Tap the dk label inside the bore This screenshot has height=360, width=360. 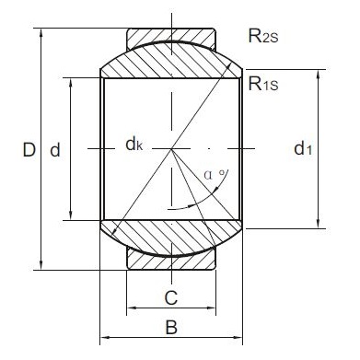[134, 145]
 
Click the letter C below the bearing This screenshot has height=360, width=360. [169, 296]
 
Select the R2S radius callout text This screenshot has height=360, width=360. [265, 36]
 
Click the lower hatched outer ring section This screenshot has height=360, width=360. [171, 261]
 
